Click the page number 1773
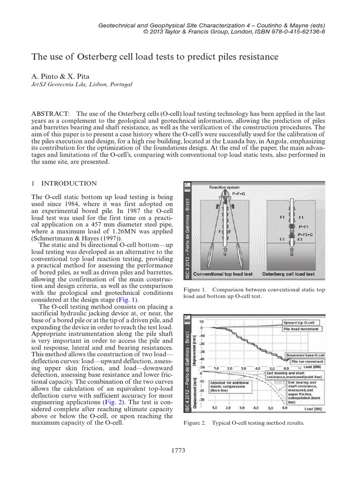[x=180, y=451]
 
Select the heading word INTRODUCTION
[x=71, y=183]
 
